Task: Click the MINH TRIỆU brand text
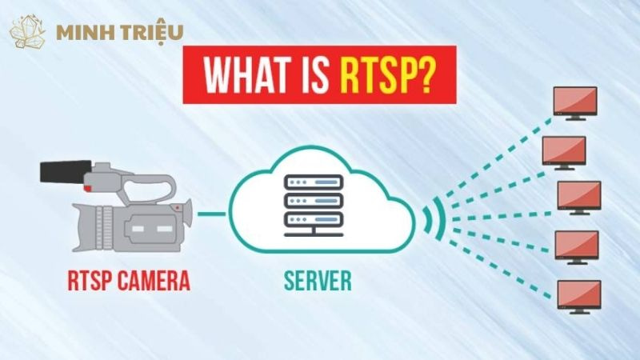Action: (x=120, y=32)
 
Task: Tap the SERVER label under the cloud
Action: (x=316, y=281)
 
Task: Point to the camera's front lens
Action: (x=184, y=214)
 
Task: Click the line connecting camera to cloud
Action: (x=213, y=214)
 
